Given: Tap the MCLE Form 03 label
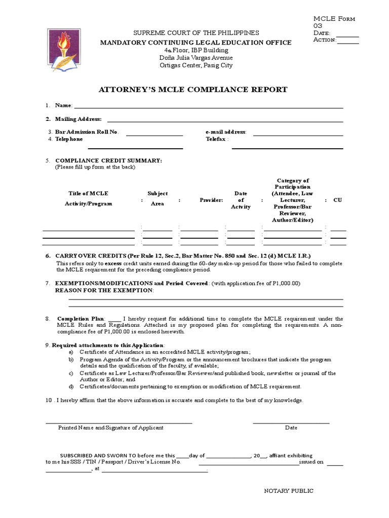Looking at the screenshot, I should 334,22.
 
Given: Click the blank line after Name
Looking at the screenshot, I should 208,106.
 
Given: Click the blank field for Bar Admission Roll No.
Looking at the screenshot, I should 154,134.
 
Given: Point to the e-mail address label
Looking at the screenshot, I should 225,132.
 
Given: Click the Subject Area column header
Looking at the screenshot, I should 157,199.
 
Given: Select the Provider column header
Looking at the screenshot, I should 211,200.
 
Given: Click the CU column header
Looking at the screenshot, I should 337,200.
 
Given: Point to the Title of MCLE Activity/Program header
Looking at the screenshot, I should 88,199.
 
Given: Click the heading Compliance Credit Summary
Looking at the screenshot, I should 108,160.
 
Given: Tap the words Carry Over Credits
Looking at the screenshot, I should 84,256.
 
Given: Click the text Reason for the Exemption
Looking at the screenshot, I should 103,290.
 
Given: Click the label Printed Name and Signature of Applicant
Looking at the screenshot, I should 110,428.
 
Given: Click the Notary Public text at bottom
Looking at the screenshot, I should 289,491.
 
